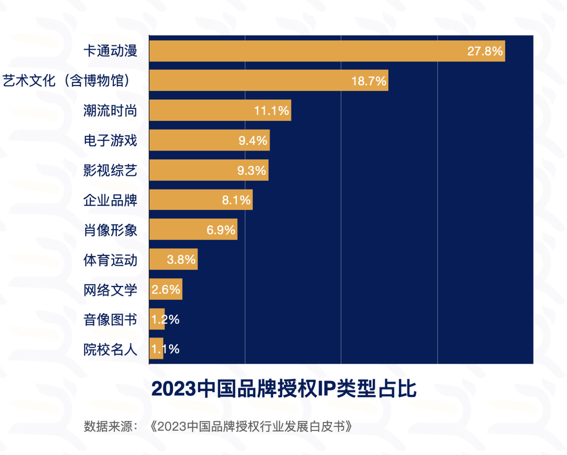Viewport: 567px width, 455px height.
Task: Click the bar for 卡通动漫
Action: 304,51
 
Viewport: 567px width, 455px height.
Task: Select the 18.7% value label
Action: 369,81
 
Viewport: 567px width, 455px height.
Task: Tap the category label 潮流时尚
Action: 110,111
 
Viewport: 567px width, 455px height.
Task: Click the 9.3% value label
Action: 251,170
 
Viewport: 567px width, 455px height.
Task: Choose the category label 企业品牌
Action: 110,200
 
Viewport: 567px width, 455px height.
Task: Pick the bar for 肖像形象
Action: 178,229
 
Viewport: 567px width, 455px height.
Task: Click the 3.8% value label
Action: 181,260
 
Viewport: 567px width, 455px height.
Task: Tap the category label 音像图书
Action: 110,320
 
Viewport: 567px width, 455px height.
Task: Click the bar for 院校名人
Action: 156,349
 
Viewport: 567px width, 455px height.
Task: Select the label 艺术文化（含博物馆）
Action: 66,81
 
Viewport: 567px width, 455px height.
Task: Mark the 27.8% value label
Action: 485,51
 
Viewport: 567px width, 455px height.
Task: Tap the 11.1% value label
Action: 271,111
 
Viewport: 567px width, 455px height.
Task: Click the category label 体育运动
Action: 110,260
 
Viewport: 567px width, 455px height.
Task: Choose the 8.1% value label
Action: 236,200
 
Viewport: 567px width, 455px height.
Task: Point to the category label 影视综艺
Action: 110,170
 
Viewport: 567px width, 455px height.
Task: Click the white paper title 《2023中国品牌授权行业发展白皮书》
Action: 251,427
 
